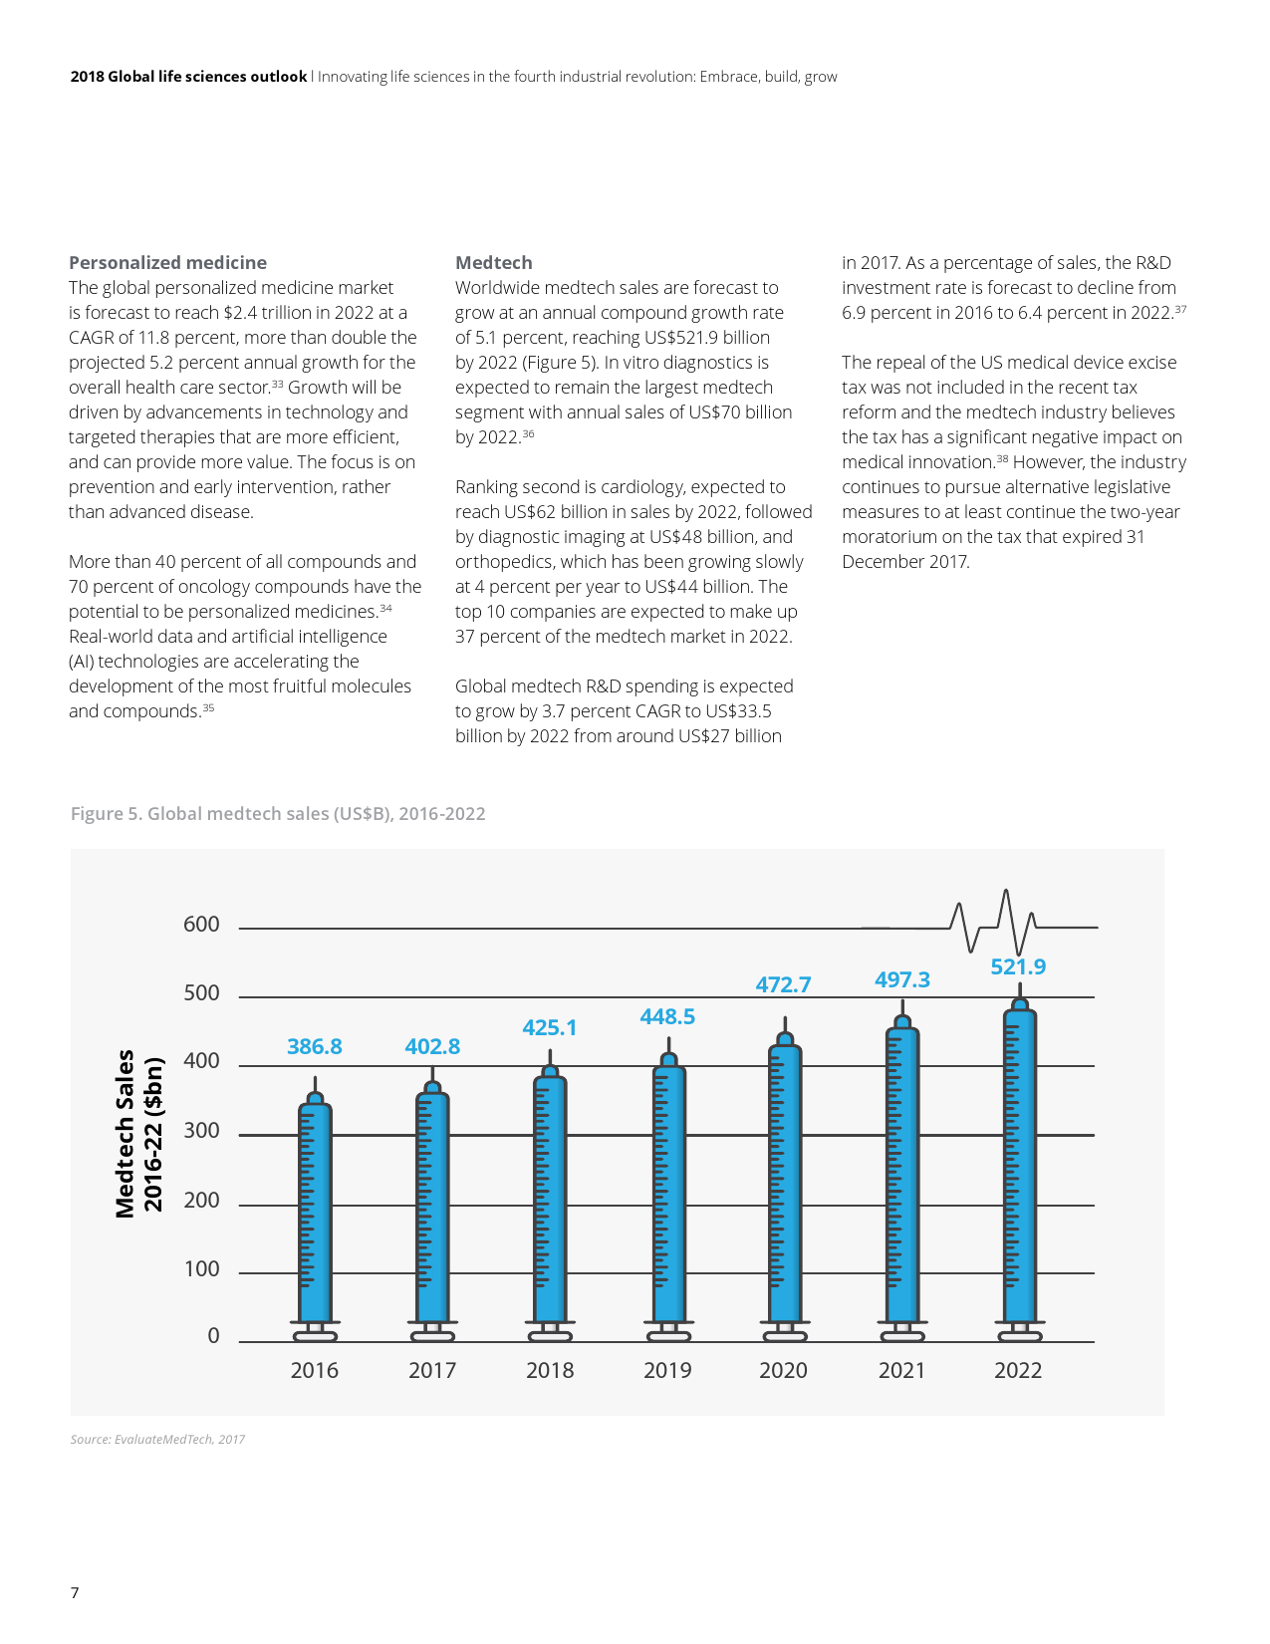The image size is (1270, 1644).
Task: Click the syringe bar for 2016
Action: (315, 1212)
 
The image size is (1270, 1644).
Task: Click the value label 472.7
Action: (783, 984)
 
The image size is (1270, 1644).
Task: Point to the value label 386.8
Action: (315, 1046)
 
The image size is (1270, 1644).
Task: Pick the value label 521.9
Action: (1018, 966)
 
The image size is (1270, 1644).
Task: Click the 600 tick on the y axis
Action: (201, 925)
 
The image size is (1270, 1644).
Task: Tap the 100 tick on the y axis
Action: (201, 1269)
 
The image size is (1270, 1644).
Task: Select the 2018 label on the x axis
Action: (550, 1370)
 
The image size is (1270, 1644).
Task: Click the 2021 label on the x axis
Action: (901, 1370)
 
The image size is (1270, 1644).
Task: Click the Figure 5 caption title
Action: (278, 814)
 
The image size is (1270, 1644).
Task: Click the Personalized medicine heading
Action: (167, 263)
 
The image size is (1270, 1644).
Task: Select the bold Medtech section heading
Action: (494, 263)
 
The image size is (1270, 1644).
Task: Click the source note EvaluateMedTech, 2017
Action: (157, 1440)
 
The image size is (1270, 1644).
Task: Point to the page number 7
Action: (75, 1592)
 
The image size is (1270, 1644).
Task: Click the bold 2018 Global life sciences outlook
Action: (188, 77)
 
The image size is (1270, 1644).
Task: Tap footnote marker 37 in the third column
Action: (1180, 309)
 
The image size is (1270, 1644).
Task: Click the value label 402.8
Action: (432, 1046)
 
